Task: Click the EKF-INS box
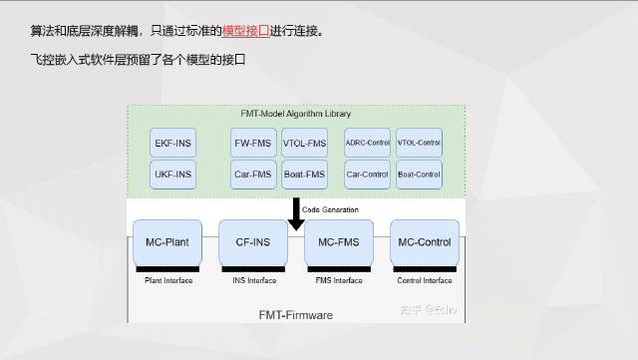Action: coord(173,144)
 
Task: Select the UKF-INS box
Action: coord(173,175)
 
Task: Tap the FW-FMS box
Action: coord(253,144)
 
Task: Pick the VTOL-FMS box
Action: coord(304,144)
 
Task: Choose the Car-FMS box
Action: coord(253,175)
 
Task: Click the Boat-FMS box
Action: coord(304,175)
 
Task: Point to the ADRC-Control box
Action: coord(367,144)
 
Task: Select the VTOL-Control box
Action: coord(419,144)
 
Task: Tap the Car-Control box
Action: coord(367,175)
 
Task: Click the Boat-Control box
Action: coord(419,175)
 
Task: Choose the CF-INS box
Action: coord(252,242)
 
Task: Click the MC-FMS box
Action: coord(338,242)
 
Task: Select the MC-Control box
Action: coord(424,242)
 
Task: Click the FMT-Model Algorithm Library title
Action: coord(296,114)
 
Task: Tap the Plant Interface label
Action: coord(168,280)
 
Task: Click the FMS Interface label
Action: coord(339,280)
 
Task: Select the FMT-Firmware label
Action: coord(296,315)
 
